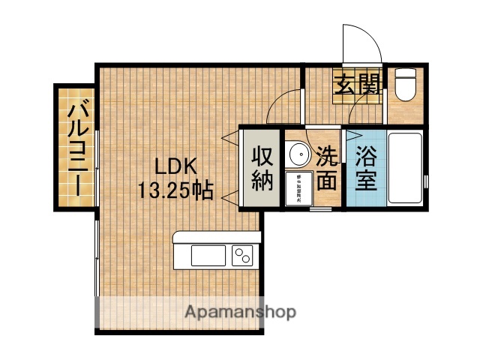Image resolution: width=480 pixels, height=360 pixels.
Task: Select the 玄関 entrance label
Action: (356, 85)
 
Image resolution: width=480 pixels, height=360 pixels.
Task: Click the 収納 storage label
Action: (261, 169)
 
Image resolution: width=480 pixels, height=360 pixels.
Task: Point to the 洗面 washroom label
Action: (326, 169)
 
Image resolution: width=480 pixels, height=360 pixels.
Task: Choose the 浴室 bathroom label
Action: (365, 169)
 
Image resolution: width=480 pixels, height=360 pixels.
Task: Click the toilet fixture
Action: (406, 84)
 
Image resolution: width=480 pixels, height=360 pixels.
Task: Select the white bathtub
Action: (405, 170)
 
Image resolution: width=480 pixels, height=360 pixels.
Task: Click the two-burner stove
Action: (243, 256)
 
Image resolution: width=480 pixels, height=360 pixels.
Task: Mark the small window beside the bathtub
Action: (426, 181)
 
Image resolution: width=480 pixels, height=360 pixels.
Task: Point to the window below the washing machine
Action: (320, 211)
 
